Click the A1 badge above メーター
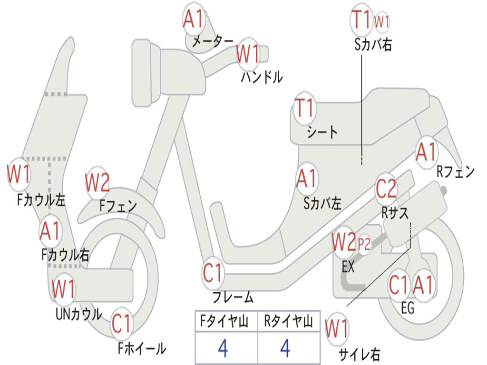[194, 20]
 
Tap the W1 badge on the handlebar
[248, 54]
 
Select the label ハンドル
[262, 77]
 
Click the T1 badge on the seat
[305, 109]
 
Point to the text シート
[322, 132]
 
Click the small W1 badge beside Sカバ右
[382, 21]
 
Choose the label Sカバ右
[373, 44]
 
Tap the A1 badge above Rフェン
[426, 153]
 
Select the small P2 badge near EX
[364, 244]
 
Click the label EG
[408, 308]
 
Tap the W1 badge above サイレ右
[337, 328]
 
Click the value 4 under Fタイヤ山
[223, 349]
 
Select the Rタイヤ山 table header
[288, 322]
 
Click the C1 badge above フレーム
[213, 274]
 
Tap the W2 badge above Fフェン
[97, 182]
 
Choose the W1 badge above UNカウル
[64, 289]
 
